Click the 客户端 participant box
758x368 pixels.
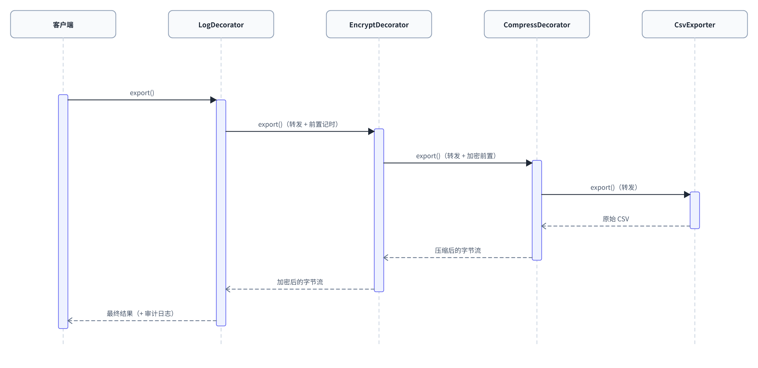click(63, 24)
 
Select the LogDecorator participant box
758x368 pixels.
click(221, 24)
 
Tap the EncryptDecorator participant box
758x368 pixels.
click(379, 24)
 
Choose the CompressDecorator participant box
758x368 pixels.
click(537, 24)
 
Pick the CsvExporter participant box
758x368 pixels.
click(695, 24)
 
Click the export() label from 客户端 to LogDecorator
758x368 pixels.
click(142, 93)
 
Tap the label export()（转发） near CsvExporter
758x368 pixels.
click(614, 187)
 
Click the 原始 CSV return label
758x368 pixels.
click(616, 219)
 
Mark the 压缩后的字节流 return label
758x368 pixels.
click(458, 251)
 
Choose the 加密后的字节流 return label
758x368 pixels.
click(300, 282)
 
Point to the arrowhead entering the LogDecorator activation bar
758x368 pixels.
click(213, 100)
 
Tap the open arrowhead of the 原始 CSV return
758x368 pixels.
click(543, 226)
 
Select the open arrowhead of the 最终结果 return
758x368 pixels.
click(70, 321)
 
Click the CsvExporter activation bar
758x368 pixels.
click(695, 210)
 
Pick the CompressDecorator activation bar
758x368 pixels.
click(537, 210)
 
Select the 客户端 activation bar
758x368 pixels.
click(63, 211)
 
